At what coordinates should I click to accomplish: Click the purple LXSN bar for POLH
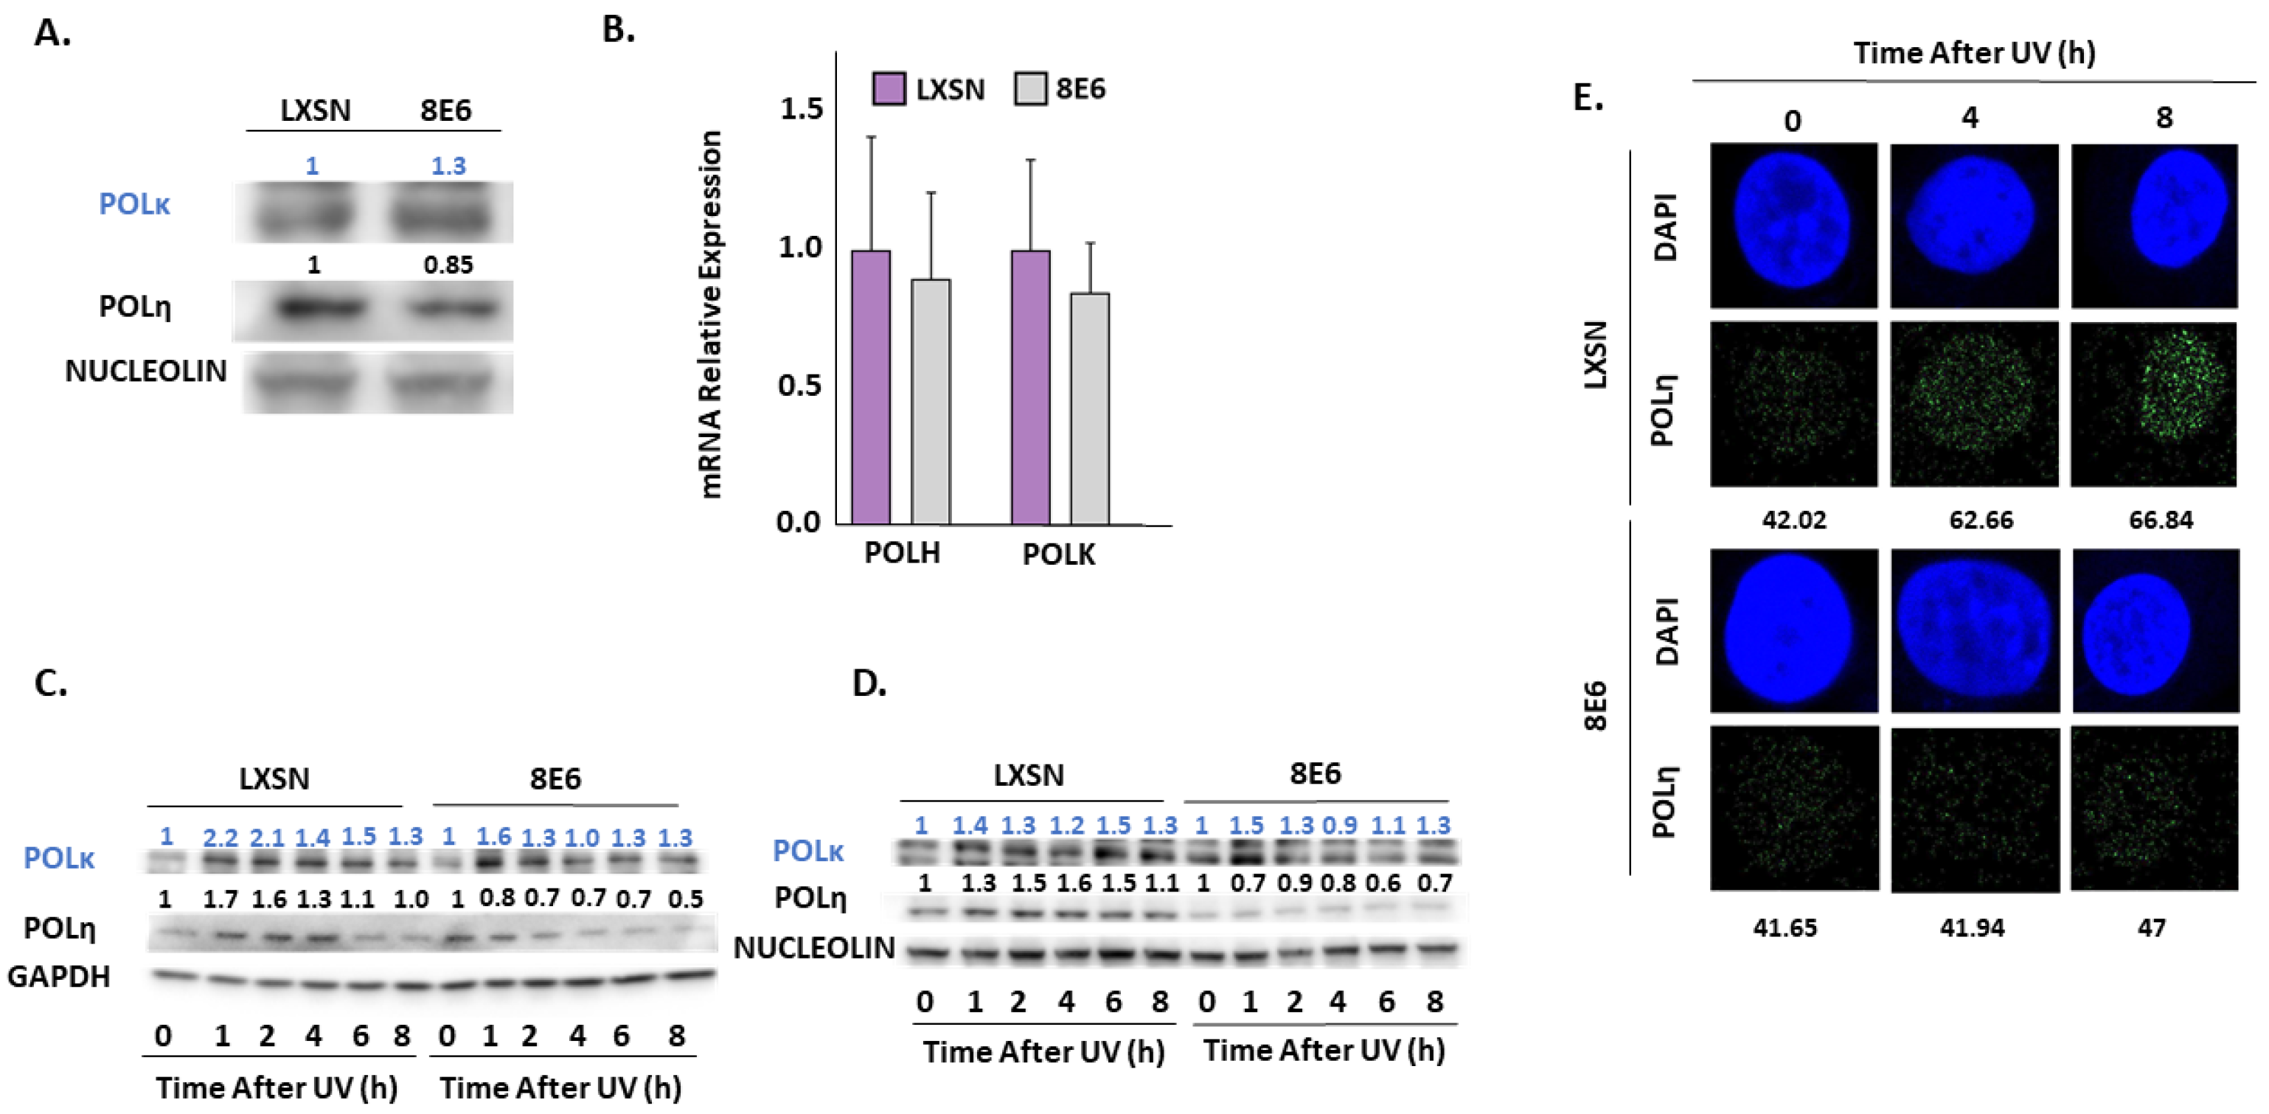point(870,388)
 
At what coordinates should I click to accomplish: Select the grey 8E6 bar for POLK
point(1090,408)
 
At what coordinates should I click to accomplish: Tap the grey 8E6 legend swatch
point(1029,89)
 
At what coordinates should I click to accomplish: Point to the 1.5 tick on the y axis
point(801,109)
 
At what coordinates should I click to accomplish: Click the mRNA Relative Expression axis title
point(710,313)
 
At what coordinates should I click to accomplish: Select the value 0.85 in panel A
point(448,264)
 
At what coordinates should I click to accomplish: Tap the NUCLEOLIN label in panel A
point(145,371)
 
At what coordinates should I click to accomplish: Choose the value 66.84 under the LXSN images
point(2160,520)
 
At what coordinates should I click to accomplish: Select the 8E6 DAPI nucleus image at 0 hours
point(1793,630)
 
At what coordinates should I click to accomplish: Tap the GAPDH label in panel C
point(58,977)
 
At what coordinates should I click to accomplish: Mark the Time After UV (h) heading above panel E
point(1973,53)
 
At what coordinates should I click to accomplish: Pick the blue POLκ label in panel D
point(807,851)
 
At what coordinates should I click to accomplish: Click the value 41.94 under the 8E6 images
point(1971,927)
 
